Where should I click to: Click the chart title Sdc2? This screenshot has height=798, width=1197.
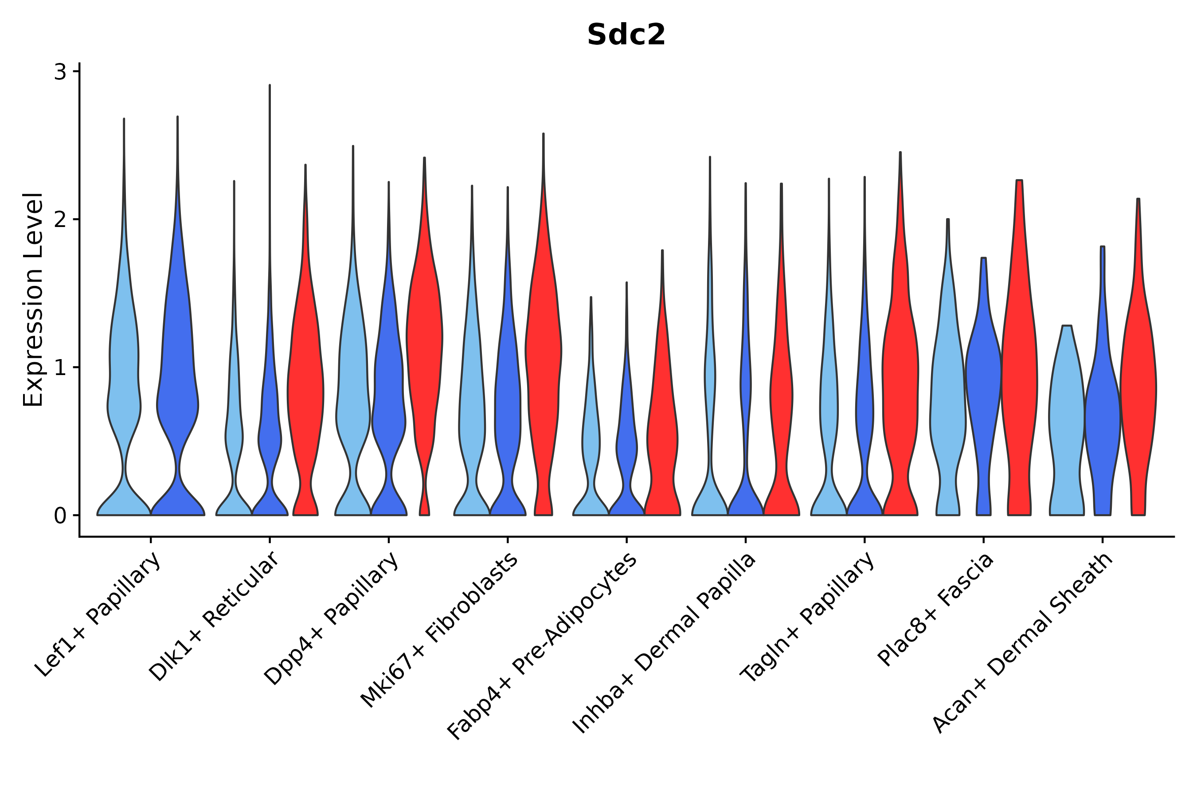coord(626,35)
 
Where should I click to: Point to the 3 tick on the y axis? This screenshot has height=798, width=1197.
coord(60,72)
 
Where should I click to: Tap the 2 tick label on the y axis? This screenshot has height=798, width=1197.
coord(60,220)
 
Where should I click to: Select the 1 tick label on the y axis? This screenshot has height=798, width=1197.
coord(60,368)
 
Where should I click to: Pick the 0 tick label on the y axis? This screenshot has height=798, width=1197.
coord(60,516)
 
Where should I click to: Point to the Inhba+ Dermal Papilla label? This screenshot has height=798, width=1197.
coord(664,643)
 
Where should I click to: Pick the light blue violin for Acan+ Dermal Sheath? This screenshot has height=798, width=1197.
coord(1067,417)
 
